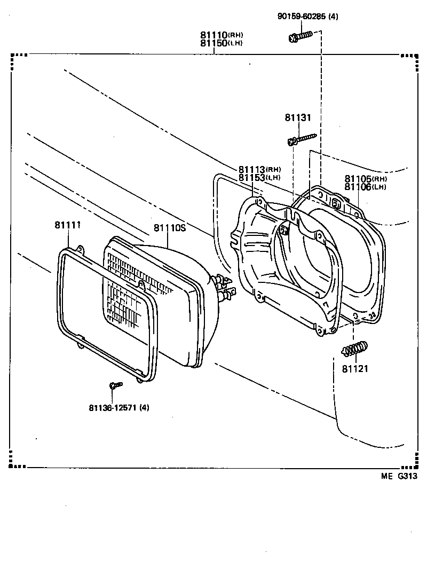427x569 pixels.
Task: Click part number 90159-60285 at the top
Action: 307,17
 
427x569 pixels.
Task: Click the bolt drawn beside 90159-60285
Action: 299,36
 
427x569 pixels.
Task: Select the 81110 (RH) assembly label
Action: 222,35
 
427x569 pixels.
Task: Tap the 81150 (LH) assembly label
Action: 222,43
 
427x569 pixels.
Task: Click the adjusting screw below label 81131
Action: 302,140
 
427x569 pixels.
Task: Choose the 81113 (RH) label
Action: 259,169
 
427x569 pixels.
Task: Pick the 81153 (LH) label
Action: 259,177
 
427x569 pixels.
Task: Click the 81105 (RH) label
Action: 366,179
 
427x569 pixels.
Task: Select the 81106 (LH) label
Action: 366,186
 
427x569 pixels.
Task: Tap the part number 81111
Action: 67,225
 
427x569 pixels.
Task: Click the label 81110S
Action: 169,228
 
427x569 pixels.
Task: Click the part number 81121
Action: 355,369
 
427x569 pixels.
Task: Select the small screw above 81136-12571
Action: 115,384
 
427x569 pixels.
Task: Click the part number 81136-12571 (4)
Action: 119,408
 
